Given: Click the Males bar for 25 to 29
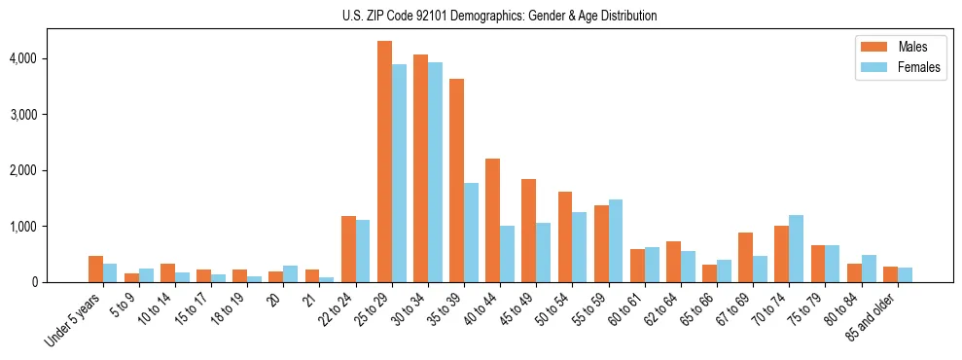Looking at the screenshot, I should pyautogui.click(x=384, y=162).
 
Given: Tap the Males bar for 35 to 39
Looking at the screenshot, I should pyautogui.click(x=456, y=180).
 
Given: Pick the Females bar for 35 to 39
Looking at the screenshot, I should pyautogui.click(x=471, y=233).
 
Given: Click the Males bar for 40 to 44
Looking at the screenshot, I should pyautogui.click(x=492, y=220).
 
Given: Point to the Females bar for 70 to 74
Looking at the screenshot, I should pyautogui.click(x=796, y=248).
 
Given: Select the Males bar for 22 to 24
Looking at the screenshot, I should pyautogui.click(x=348, y=249).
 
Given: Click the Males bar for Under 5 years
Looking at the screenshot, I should pyautogui.click(x=95, y=269).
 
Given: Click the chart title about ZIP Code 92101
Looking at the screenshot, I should pyautogui.click(x=500, y=16).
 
